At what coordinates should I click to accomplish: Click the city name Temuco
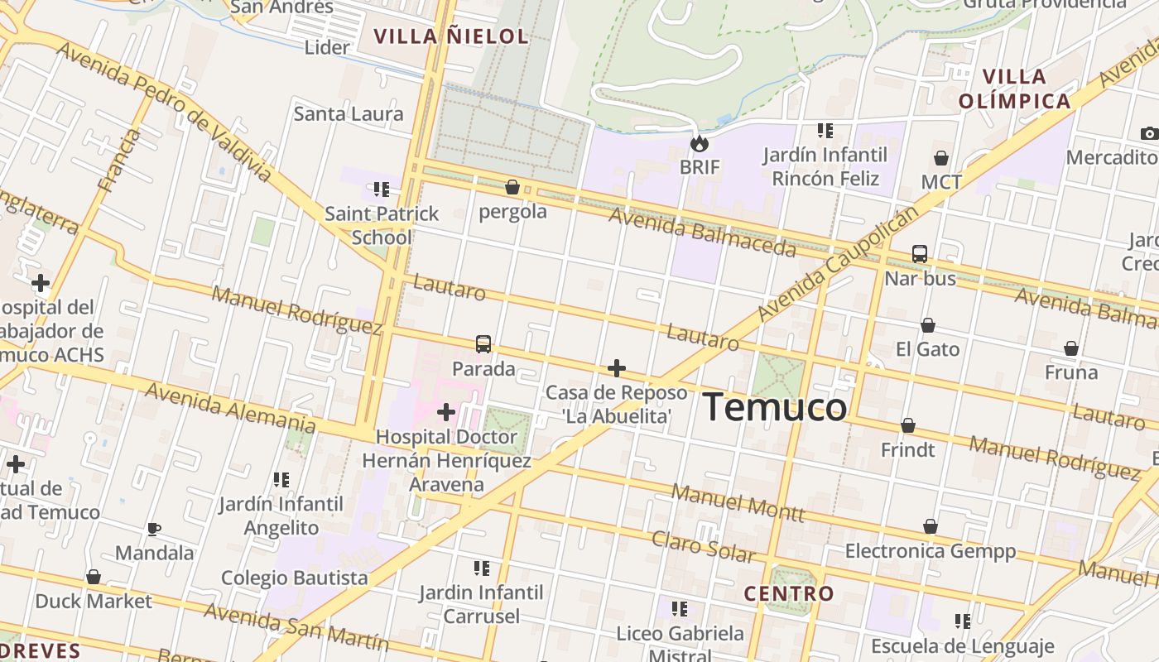(775, 407)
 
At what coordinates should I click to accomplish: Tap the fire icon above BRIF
(700, 144)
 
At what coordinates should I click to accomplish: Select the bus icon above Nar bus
(919, 254)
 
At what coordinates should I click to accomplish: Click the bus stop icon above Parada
(483, 344)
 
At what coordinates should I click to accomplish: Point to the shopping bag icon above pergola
(512, 188)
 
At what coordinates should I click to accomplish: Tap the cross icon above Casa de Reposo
(616, 368)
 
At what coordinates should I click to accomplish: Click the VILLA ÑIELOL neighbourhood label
(450, 36)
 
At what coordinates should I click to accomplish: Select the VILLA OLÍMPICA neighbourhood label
(1014, 89)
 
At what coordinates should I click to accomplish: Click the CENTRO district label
(788, 593)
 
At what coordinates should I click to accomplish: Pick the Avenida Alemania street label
(229, 408)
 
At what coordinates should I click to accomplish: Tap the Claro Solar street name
(704, 546)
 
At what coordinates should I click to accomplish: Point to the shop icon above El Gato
(928, 326)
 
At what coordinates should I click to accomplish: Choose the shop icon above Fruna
(1071, 349)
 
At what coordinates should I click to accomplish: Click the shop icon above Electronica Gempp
(931, 527)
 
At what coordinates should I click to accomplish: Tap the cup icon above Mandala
(153, 529)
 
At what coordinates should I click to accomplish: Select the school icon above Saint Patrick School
(381, 189)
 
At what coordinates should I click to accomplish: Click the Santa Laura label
(349, 113)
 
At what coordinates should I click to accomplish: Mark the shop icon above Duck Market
(94, 577)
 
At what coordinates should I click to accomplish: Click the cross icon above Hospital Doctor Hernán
(446, 411)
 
